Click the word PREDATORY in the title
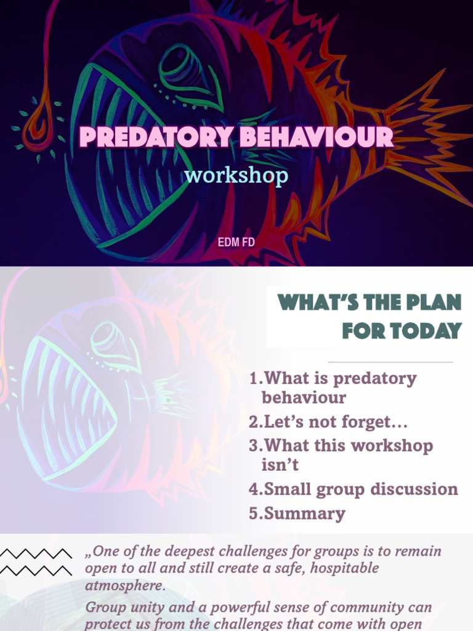pyautogui.click(x=157, y=137)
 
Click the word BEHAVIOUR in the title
pyautogui.click(x=316, y=137)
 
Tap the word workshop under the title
pyautogui.click(x=236, y=176)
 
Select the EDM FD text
pyautogui.click(x=236, y=242)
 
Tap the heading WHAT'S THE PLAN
pyautogui.click(x=369, y=303)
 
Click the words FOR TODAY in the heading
pyautogui.click(x=402, y=331)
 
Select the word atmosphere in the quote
pyautogui.click(x=125, y=585)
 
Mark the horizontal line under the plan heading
pyautogui.click(x=390, y=362)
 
